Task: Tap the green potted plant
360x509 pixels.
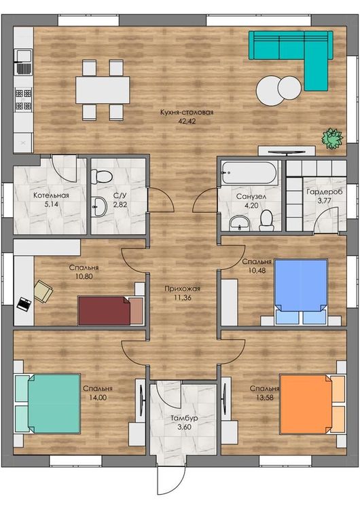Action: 332,139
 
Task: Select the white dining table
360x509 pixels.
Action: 103,90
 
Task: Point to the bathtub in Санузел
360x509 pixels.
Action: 249,173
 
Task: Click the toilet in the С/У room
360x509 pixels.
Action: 102,176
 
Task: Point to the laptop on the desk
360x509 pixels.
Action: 24,304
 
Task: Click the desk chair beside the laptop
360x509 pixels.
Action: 43,291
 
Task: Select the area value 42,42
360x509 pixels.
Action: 187,121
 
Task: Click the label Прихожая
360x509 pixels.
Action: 182,288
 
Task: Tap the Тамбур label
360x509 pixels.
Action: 184,418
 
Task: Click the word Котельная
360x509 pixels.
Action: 51,195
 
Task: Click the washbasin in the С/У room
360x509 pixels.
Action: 99,207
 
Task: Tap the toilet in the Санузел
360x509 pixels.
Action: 266,220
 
